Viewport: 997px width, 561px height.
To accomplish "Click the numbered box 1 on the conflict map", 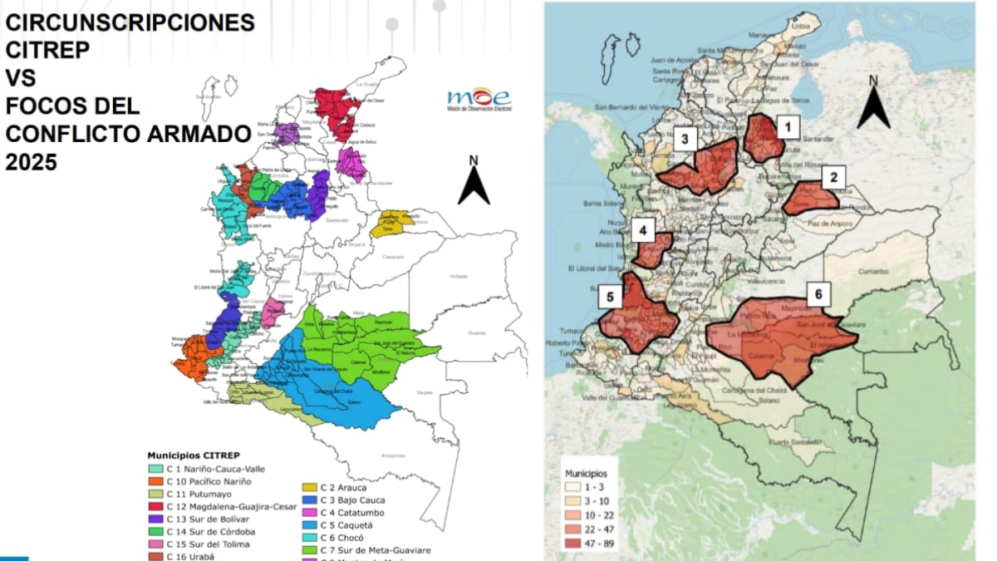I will point(788,126).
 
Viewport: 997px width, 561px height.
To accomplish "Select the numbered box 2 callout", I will point(833,176).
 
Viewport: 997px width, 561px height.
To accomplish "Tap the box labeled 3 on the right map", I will point(685,139).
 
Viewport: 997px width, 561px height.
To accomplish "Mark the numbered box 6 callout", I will point(818,293).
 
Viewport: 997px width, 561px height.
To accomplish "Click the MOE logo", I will point(479,99).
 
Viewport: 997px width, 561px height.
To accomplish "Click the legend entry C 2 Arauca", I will point(333,487).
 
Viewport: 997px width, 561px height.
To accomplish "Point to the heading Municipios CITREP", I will point(194,455).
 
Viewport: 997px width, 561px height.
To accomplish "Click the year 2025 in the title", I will point(32,164).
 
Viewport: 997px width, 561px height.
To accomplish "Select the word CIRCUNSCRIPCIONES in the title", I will point(130,22).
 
